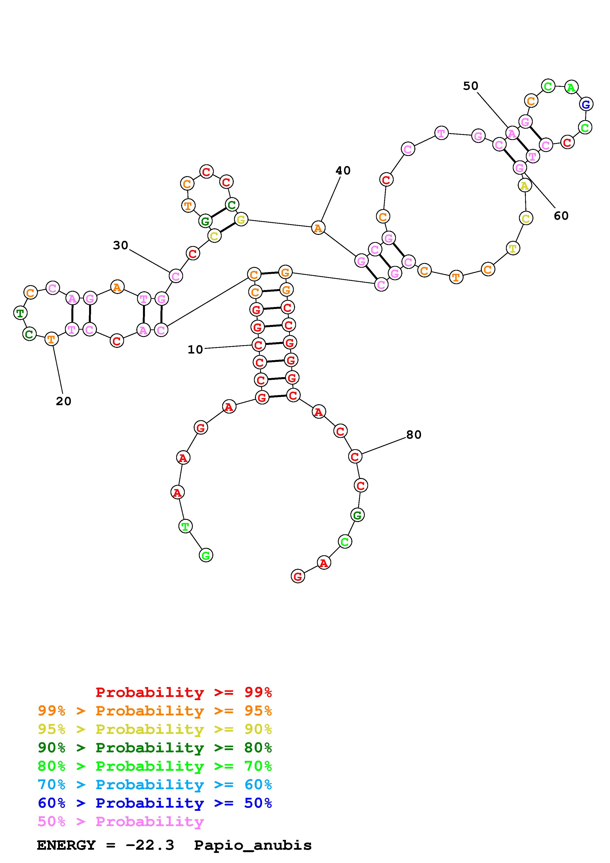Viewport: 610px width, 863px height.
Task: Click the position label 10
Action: (195, 350)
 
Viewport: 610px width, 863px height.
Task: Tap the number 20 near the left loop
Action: (63, 401)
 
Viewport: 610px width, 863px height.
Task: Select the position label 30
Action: (121, 246)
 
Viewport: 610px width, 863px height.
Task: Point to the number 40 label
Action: (343, 171)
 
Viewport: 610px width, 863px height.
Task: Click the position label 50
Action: (470, 86)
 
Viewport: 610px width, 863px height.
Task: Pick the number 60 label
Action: (561, 216)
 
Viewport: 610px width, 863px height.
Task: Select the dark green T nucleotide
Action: (20, 312)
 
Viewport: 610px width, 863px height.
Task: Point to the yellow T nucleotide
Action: (513, 248)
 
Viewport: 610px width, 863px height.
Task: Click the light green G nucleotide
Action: (205, 555)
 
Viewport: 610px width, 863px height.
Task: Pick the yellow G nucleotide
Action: (241, 219)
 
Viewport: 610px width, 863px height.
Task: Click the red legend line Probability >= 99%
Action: (183, 692)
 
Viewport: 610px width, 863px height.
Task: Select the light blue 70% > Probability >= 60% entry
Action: (155, 785)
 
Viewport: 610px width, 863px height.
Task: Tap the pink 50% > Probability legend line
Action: (120, 822)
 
